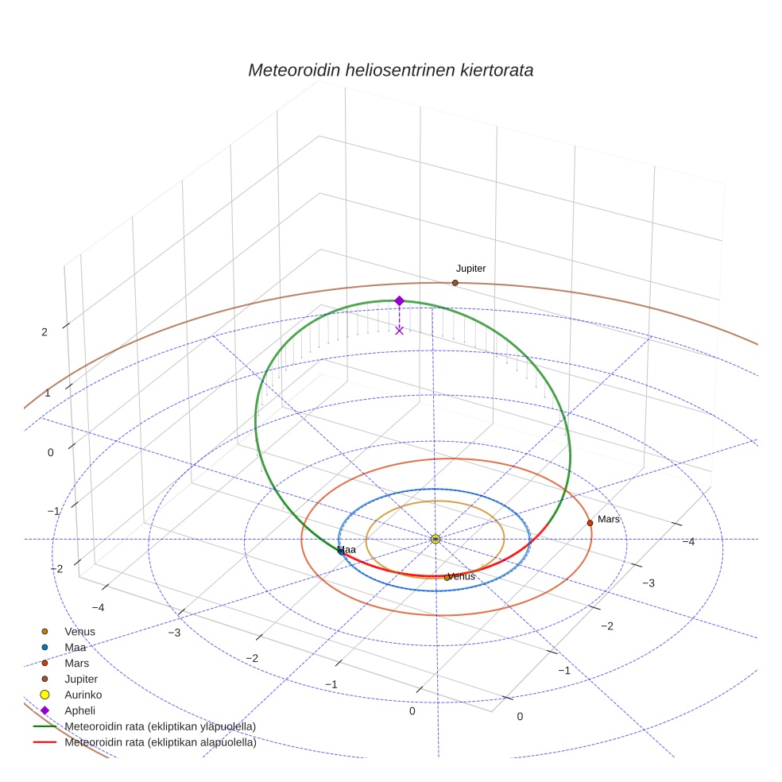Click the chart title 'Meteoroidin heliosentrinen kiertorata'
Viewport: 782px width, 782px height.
pyautogui.click(x=390, y=70)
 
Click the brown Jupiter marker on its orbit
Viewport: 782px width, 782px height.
pyautogui.click(x=455, y=283)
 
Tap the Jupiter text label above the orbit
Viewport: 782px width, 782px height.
pyautogui.click(x=470, y=269)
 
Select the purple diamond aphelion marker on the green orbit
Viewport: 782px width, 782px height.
pyautogui.click(x=399, y=300)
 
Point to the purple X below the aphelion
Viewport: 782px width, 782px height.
pyautogui.click(x=399, y=331)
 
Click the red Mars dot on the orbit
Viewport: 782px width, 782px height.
pyautogui.click(x=590, y=523)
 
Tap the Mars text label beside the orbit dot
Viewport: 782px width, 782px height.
pyautogui.click(x=609, y=519)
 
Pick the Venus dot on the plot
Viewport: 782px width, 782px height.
pyautogui.click(x=447, y=578)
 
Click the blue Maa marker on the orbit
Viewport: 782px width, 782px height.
pyautogui.click(x=341, y=552)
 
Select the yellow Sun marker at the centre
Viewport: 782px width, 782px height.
pyautogui.click(x=436, y=539)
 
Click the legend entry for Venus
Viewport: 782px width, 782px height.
pyautogui.click(x=69, y=631)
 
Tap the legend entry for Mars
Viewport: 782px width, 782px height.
pyautogui.click(x=65, y=664)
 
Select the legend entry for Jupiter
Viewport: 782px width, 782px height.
pyautogui.click(x=70, y=679)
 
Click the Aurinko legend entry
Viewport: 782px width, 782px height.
pyautogui.click(x=71, y=695)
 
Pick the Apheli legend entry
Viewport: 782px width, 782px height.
pyautogui.click(x=68, y=710)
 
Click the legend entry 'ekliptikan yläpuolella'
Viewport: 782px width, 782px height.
pyautogui.click(x=145, y=726)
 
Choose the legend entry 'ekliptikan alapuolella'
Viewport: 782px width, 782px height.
pyautogui.click(x=145, y=742)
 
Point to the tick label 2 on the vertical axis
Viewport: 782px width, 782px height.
pyautogui.click(x=45, y=332)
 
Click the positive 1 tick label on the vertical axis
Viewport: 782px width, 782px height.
pyautogui.click(x=48, y=393)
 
